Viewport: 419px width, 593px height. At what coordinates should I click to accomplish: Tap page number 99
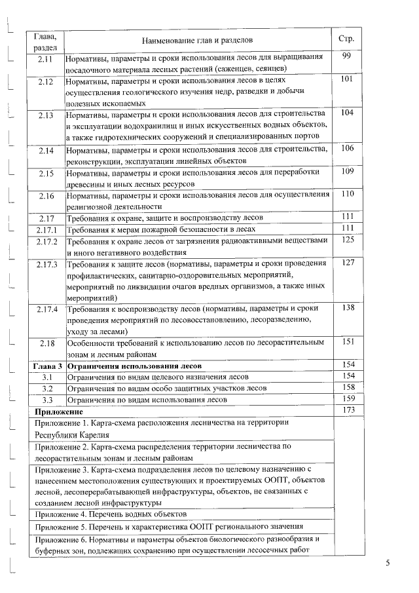point(347,56)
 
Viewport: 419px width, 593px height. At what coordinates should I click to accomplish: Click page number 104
point(347,113)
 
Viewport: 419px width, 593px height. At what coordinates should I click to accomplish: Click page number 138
point(348,308)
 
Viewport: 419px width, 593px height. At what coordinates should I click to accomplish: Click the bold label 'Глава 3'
point(48,365)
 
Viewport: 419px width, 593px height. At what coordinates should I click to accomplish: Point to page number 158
point(348,387)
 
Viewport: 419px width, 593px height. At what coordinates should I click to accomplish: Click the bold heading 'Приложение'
point(58,411)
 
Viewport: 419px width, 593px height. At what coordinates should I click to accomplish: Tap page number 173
point(348,410)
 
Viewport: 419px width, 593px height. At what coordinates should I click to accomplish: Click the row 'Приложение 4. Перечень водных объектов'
point(111,514)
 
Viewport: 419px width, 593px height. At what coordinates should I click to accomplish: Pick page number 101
point(347,79)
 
